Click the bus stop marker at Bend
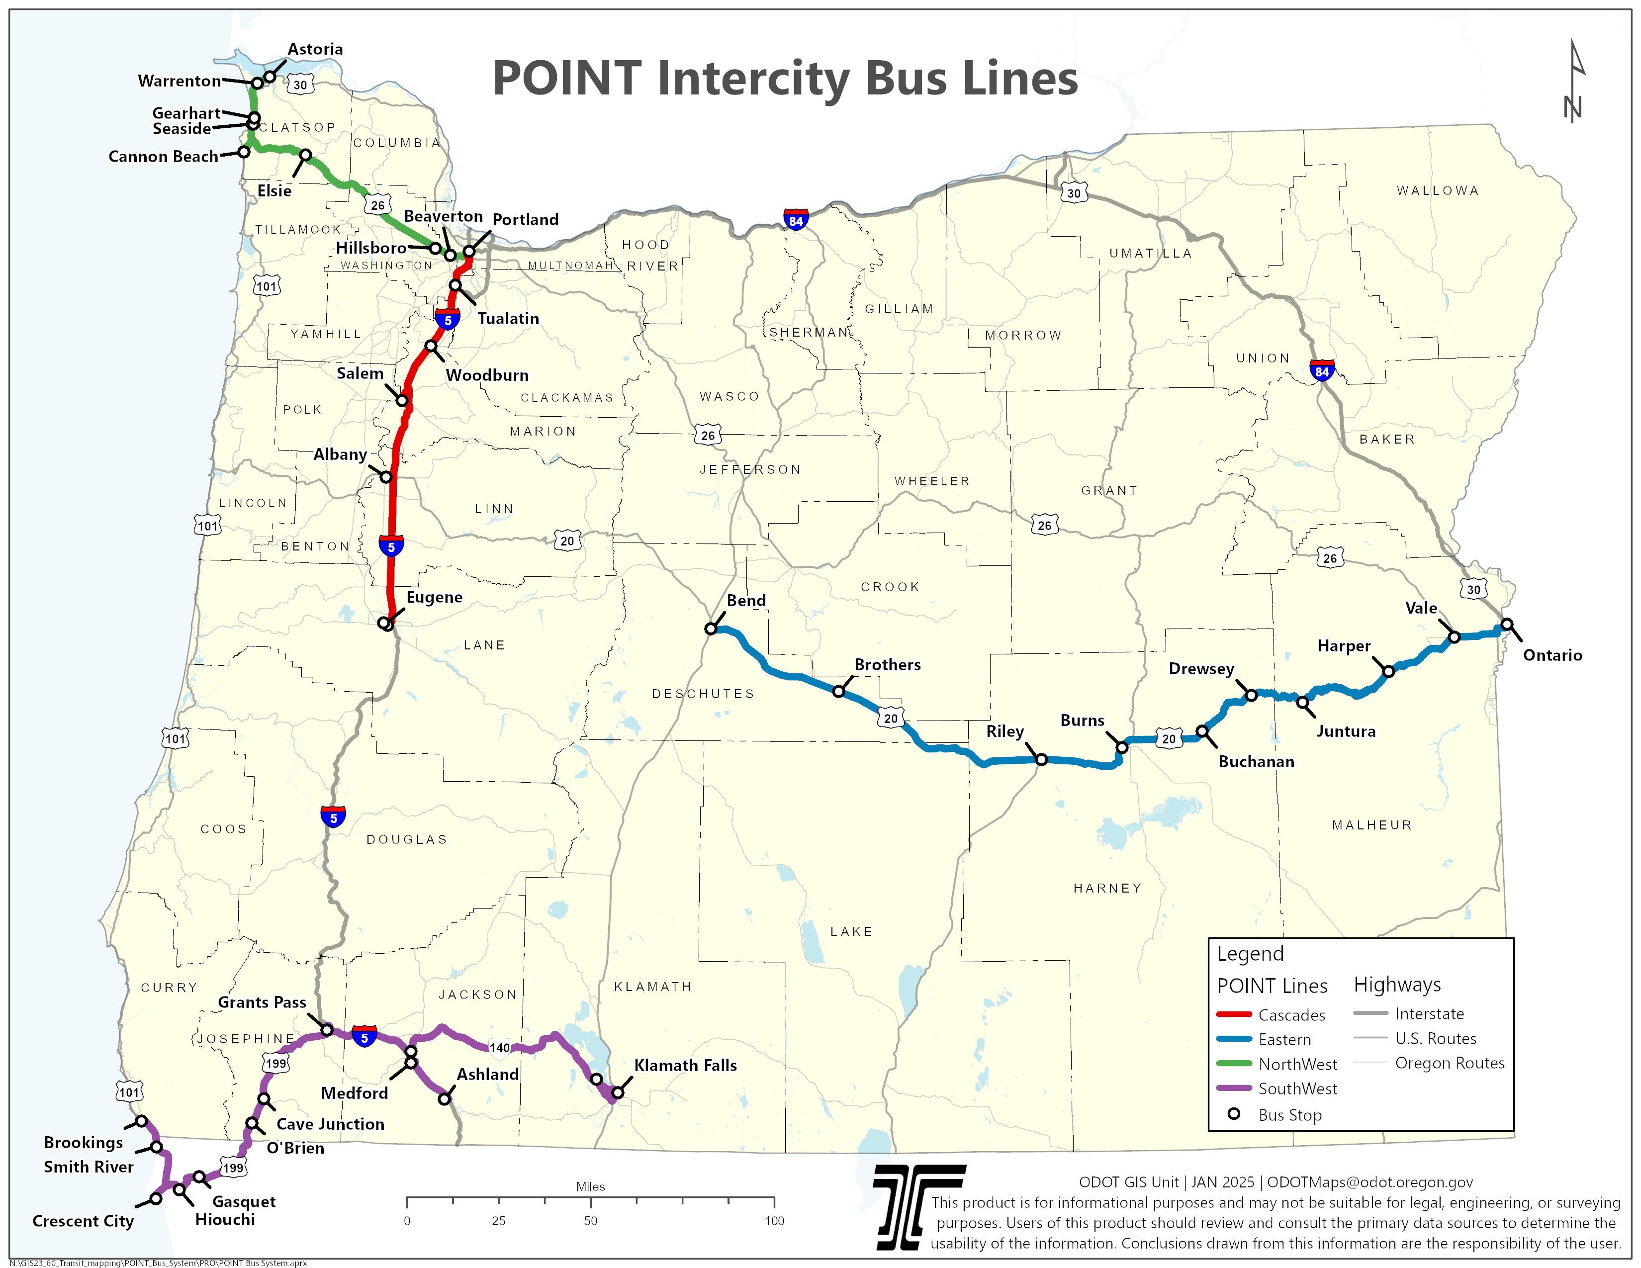coord(711,628)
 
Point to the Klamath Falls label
coord(685,1065)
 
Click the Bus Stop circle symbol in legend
coord(1234,1114)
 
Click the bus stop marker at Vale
coord(1454,637)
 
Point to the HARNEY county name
coord(1107,888)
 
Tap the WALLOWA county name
coord(1438,191)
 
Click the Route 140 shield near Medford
coord(500,1048)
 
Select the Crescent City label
coord(83,1221)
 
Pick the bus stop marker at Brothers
coord(838,691)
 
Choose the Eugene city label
coord(434,597)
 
